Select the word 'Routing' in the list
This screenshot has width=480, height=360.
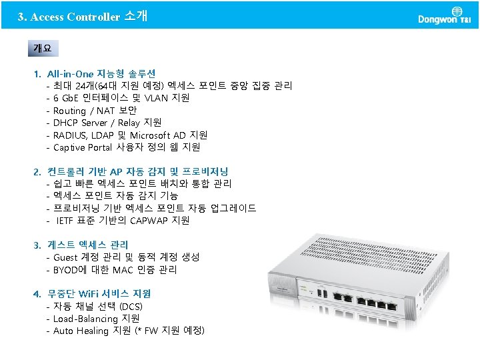tap(69, 111)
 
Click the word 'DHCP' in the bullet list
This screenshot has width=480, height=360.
tap(67, 123)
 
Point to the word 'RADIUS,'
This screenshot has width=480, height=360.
tap(72, 135)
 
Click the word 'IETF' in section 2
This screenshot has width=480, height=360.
tap(67, 220)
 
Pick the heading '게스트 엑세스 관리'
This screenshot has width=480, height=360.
tap(87, 245)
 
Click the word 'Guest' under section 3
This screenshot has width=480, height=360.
tap(65, 257)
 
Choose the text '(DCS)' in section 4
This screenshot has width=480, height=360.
tap(131, 306)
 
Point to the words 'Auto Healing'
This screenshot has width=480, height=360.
tap(81, 331)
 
